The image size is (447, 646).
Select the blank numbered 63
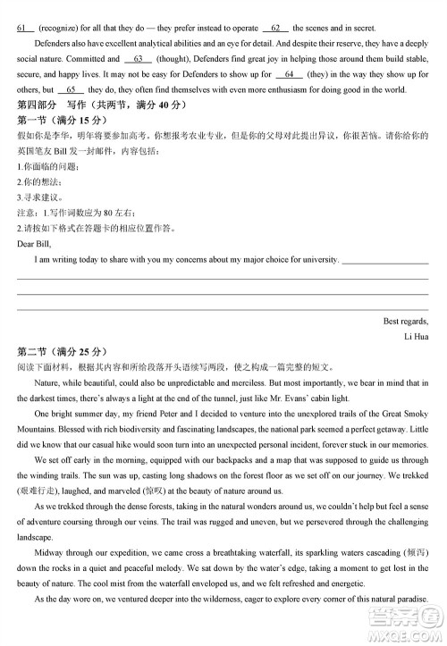point(138,59)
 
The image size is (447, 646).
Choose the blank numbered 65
point(72,89)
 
